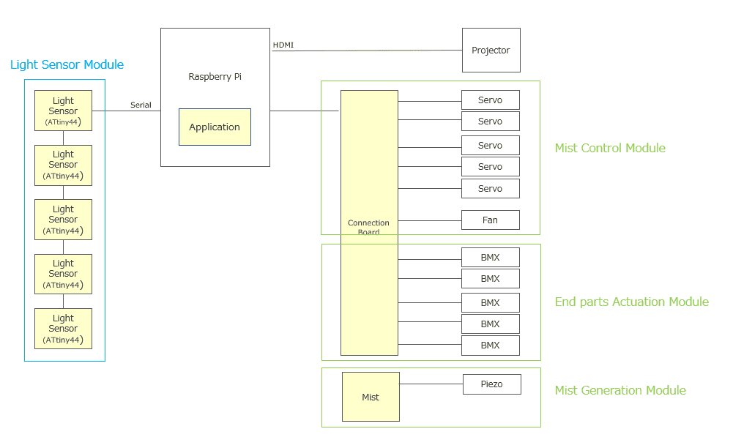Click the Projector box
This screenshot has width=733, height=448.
(491, 51)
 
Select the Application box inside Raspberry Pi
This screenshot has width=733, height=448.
(215, 127)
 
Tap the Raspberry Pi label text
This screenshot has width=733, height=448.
(215, 77)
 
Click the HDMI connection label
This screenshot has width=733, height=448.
(283, 45)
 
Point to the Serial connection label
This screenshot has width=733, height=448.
(141, 105)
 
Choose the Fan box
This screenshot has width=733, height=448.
(490, 220)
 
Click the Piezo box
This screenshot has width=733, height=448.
(491, 384)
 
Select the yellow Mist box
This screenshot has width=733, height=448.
(371, 397)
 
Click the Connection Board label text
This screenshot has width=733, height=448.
(368, 227)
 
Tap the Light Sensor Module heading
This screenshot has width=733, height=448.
(67, 65)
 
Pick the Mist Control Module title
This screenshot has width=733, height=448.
(610, 149)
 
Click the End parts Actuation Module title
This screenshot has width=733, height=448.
(631, 302)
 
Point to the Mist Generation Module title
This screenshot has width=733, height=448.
(620, 391)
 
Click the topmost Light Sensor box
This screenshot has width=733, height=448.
(63, 111)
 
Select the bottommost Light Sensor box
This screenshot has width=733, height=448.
(63, 329)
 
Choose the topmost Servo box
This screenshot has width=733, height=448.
(490, 100)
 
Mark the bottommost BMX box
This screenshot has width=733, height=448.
(490, 346)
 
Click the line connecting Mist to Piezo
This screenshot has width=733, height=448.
(431, 384)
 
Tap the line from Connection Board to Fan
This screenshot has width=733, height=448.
(429, 220)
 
